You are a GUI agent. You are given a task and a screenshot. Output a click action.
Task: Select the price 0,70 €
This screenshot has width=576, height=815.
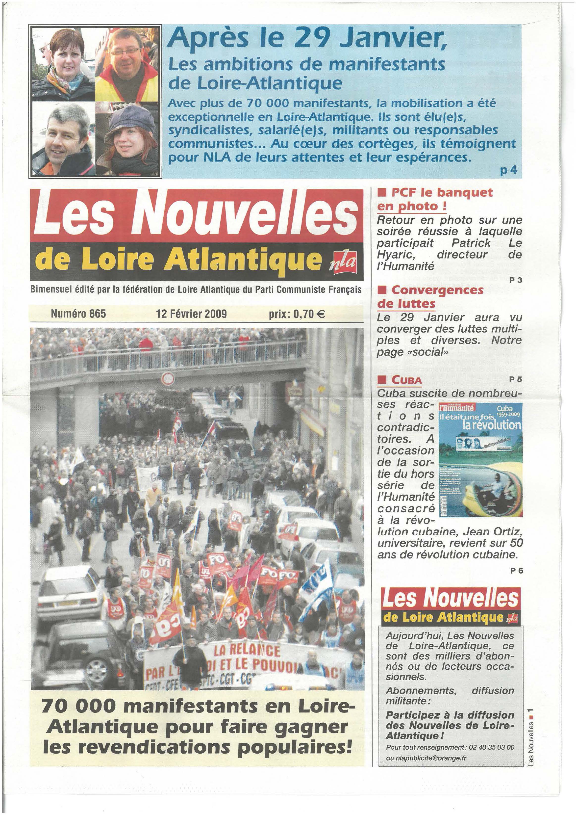297,314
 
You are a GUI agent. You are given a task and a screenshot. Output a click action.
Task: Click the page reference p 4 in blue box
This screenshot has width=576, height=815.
508,171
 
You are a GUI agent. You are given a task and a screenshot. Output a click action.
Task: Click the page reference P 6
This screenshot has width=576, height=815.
516,571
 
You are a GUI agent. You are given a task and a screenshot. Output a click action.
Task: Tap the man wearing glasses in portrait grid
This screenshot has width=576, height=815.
126,60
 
